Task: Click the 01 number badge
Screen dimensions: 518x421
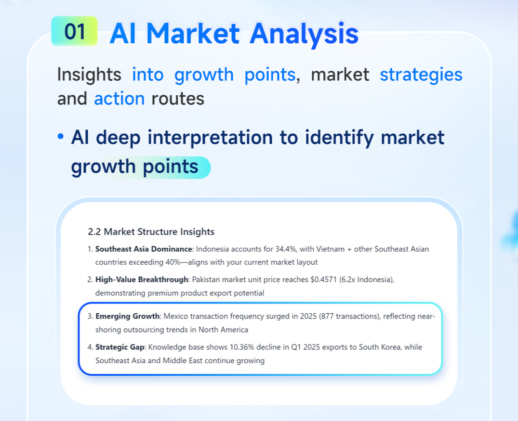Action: [x=74, y=31]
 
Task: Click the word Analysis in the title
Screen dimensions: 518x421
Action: [x=304, y=34]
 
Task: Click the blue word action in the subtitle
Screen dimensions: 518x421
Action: [x=119, y=99]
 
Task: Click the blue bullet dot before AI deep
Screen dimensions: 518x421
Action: [x=60, y=136]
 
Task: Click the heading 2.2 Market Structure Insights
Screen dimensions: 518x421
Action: [x=151, y=231]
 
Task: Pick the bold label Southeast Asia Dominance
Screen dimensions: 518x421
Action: [x=144, y=249]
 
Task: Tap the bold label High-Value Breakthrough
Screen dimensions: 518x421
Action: [x=142, y=280]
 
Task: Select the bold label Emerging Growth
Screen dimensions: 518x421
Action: [x=128, y=317]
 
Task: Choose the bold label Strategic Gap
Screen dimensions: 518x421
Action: [x=120, y=347]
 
